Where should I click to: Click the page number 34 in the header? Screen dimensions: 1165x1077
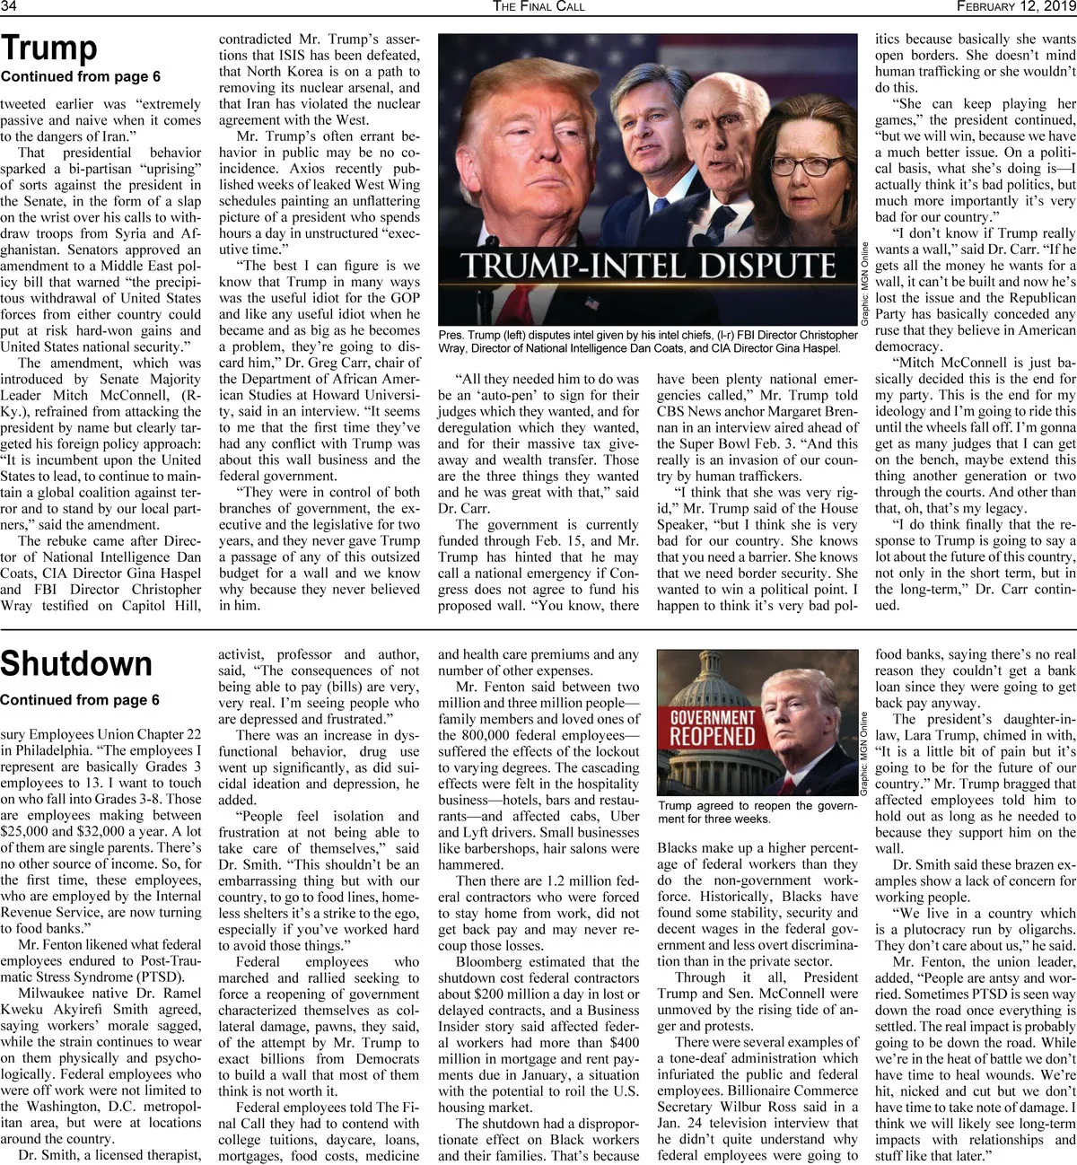click(10, 6)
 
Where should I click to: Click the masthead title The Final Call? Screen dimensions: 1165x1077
click(538, 6)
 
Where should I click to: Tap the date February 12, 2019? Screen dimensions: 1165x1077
click(1015, 6)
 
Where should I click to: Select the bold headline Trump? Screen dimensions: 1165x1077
click(49, 48)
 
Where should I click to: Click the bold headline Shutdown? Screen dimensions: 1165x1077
click(76, 663)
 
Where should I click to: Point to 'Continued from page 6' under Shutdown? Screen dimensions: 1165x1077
click(80, 699)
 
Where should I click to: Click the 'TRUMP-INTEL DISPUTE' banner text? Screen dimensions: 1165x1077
click(648, 267)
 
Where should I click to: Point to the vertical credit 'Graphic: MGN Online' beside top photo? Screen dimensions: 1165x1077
click(865, 284)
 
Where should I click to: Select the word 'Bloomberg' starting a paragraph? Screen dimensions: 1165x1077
click(488, 961)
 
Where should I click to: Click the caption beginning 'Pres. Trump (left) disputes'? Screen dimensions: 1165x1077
click(648, 341)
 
